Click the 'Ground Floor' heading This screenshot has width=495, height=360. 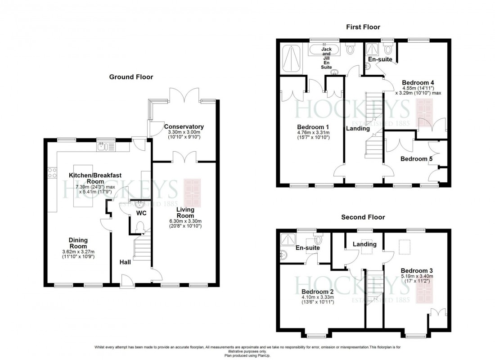(131, 77)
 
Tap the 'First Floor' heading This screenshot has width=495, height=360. (361, 27)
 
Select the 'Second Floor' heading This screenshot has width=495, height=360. (363, 217)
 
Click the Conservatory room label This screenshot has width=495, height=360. (184, 127)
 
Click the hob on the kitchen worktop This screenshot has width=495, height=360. (50, 173)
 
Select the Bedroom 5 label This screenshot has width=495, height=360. (414, 159)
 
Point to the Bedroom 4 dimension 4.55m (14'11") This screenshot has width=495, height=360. (418, 88)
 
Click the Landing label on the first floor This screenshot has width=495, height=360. (358, 128)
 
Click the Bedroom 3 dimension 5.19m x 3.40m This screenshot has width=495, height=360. (417, 276)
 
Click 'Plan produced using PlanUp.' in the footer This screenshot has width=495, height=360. (247, 355)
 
